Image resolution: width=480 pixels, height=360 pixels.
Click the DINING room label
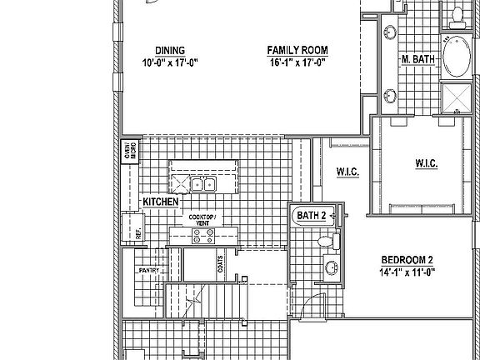[169, 50]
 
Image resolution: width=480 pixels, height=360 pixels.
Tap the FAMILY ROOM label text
[296, 50]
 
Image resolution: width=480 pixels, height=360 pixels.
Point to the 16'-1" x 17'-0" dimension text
[296, 62]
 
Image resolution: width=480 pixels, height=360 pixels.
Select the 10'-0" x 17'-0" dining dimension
[169, 62]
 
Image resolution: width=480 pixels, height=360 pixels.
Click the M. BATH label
[418, 59]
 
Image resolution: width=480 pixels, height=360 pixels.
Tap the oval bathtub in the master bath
[455, 57]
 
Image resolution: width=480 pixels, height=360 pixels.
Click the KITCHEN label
[159, 202]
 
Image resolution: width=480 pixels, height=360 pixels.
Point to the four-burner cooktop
[203, 236]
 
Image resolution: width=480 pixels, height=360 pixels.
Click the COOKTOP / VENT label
[203, 220]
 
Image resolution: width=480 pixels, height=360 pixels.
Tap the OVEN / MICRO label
[131, 152]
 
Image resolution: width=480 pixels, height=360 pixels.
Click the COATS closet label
[220, 264]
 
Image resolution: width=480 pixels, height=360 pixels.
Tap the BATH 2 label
[312, 216]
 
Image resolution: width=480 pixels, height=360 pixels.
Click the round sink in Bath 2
[332, 267]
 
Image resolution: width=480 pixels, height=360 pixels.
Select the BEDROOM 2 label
[407, 259]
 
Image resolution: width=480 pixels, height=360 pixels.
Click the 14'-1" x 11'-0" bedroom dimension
[407, 271]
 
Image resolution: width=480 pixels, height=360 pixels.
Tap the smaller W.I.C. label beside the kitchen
[347, 172]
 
